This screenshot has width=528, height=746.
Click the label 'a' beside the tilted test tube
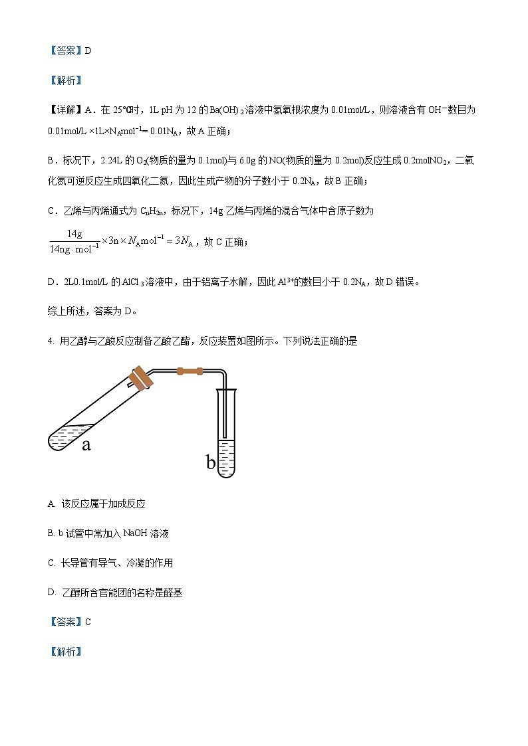coord(86,444)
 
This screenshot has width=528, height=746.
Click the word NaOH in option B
coord(136,533)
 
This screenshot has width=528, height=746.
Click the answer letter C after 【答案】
coord(88,622)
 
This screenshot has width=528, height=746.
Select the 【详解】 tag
coord(65,110)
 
